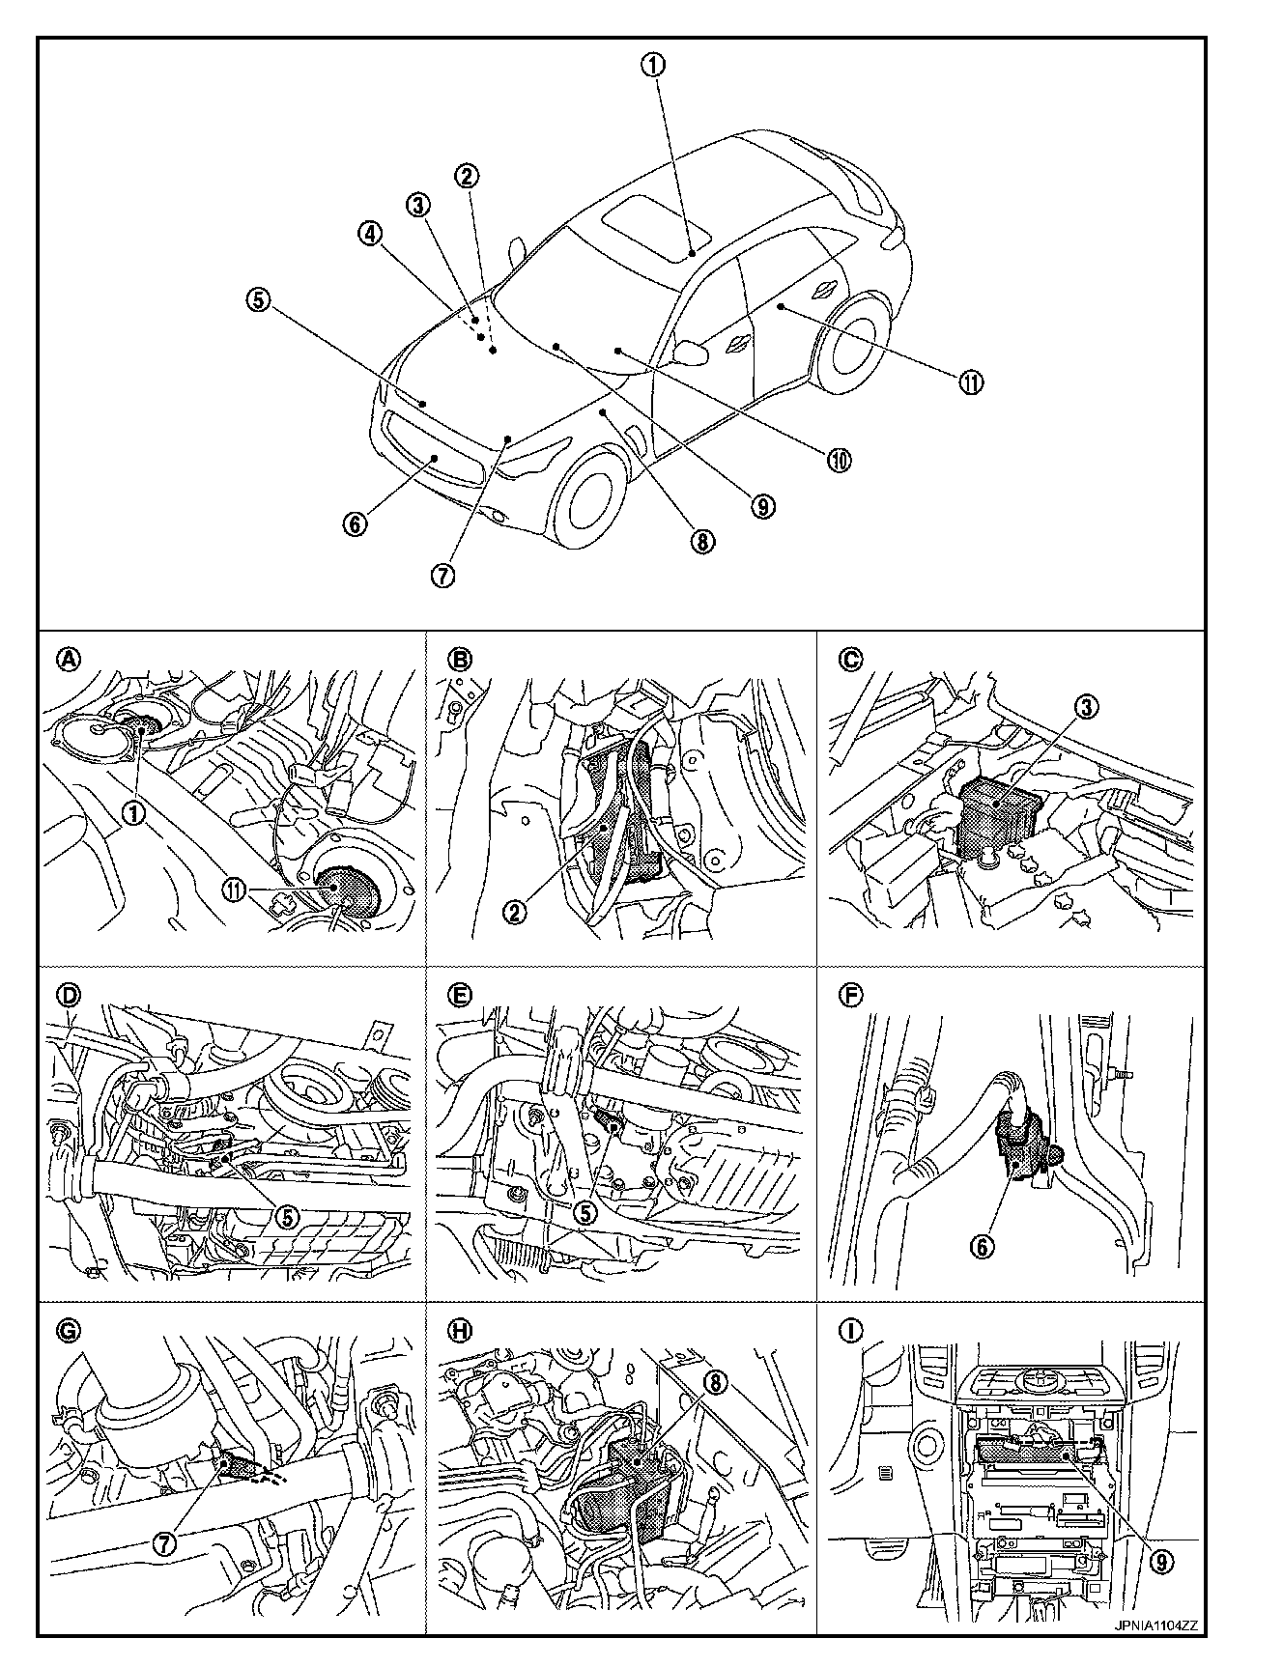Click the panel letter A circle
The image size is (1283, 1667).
pyautogui.click(x=68, y=660)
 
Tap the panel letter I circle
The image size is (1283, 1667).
pyautogui.click(x=850, y=1331)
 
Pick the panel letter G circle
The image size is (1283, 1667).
pyautogui.click(x=70, y=1331)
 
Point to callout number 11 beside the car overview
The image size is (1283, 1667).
pyautogui.click(x=970, y=381)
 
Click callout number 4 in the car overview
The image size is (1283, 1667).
pyautogui.click(x=371, y=233)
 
